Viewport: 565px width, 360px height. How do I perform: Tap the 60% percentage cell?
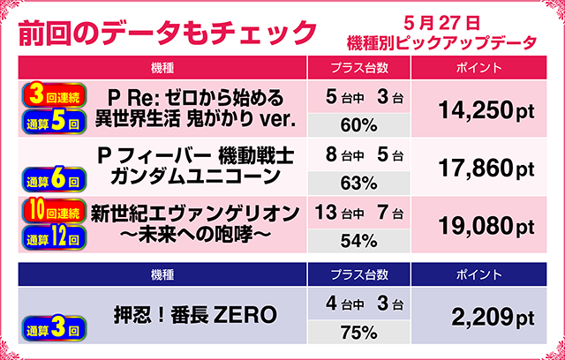(358, 124)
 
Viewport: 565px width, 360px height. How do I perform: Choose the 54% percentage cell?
(358, 238)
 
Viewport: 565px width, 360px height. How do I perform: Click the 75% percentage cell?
(358, 333)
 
